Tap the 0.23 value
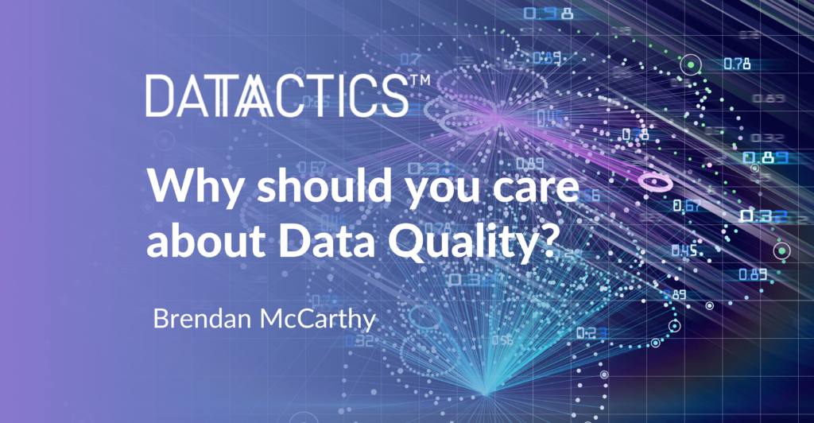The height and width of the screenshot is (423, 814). click(591, 332)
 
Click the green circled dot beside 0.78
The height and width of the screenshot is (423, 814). click(692, 64)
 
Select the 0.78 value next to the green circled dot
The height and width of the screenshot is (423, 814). click(736, 64)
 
